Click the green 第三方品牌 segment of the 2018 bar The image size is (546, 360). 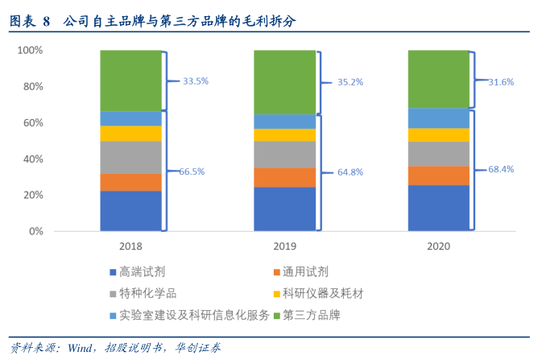[x=130, y=81]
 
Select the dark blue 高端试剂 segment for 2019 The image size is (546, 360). [x=284, y=209]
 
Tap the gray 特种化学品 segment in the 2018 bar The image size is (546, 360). [x=130, y=157]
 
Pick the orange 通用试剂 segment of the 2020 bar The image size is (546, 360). [x=439, y=176]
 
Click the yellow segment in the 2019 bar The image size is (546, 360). [x=284, y=134]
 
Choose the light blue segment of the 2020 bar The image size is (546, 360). [x=439, y=118]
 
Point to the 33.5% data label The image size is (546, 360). [x=196, y=81]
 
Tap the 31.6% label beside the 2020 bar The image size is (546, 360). [x=501, y=81]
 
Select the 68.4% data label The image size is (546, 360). [x=501, y=169]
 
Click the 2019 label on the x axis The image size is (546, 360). [x=284, y=246]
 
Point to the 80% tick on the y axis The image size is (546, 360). [x=31, y=86]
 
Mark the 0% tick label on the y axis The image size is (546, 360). [x=34, y=231]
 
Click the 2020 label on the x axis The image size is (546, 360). [x=439, y=246]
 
